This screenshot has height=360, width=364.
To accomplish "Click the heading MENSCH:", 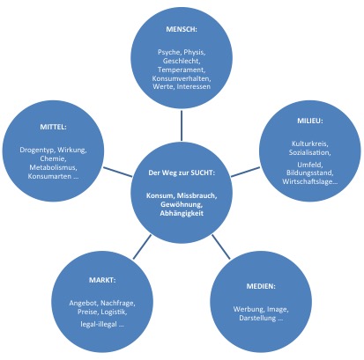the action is click(182, 29).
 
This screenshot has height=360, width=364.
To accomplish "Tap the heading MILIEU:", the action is click(310, 121).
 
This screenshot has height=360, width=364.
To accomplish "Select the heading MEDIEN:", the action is click(261, 286).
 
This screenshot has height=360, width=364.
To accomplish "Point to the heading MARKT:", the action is click(102, 280).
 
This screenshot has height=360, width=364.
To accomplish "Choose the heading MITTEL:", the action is click(53, 127).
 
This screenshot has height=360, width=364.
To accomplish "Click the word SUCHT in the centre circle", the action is click(202, 173).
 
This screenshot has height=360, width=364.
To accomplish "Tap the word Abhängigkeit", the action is click(182, 213).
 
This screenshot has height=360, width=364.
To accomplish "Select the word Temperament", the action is click(181, 70).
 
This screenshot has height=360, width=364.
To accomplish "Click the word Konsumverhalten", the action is click(181, 78).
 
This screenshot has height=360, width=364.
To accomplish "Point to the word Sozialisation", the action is click(309, 152).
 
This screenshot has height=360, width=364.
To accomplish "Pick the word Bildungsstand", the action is click(309, 173).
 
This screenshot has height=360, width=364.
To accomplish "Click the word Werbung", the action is click(249, 309).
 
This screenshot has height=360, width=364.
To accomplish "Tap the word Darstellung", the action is click(257, 318).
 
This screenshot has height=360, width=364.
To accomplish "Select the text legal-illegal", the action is click(99, 324).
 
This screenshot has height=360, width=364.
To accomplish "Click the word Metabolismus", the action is click(53, 167).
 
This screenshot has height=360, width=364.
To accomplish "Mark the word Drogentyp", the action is click(37, 150).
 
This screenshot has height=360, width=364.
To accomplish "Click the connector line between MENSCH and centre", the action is click(182, 126).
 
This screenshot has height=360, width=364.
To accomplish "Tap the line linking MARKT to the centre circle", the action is click(142, 246).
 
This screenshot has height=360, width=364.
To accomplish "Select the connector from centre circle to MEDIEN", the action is click(221, 246).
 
